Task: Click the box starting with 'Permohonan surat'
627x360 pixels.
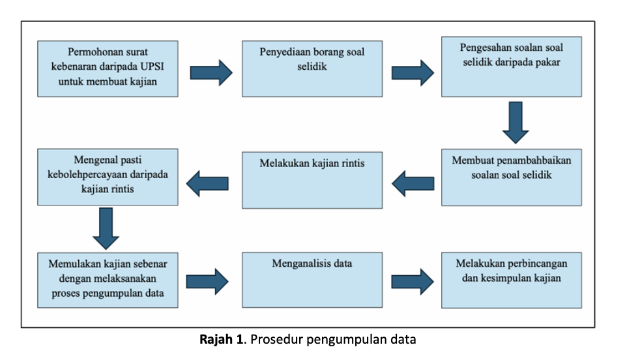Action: click(108, 68)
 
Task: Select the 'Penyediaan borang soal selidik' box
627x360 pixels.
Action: click(312, 68)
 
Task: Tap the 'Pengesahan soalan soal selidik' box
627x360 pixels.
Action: click(512, 67)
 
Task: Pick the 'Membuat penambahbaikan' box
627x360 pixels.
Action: click(512, 177)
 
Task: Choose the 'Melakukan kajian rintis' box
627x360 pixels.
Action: click(312, 180)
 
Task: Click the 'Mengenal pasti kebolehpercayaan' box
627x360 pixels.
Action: click(108, 177)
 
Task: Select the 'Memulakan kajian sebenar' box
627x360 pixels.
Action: click(108, 280)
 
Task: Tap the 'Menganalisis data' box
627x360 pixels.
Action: click(312, 280)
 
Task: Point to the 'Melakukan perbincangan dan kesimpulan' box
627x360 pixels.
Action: click(512, 280)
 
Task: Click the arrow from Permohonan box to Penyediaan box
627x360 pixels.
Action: click(211, 73)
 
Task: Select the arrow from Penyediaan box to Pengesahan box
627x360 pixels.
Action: click(413, 73)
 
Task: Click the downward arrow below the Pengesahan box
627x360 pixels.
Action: click(516, 123)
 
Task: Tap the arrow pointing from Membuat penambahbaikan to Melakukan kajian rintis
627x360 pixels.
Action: click(413, 184)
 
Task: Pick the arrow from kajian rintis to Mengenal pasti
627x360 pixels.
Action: click(207, 184)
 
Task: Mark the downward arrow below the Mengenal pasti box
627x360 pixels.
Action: click(106, 228)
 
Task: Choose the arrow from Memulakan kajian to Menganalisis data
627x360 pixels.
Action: click(207, 282)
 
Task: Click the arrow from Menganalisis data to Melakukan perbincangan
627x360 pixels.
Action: click(413, 282)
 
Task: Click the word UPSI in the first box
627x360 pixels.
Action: click(152, 67)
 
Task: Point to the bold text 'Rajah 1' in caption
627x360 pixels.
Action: click(221, 339)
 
